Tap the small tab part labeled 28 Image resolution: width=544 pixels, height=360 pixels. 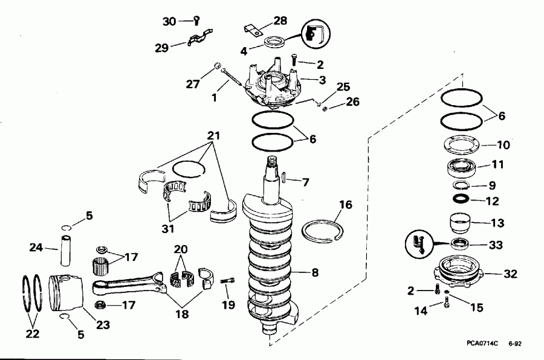click(253, 28)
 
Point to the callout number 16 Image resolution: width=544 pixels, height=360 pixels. click(344, 205)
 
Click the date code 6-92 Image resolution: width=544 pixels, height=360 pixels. click(515, 343)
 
